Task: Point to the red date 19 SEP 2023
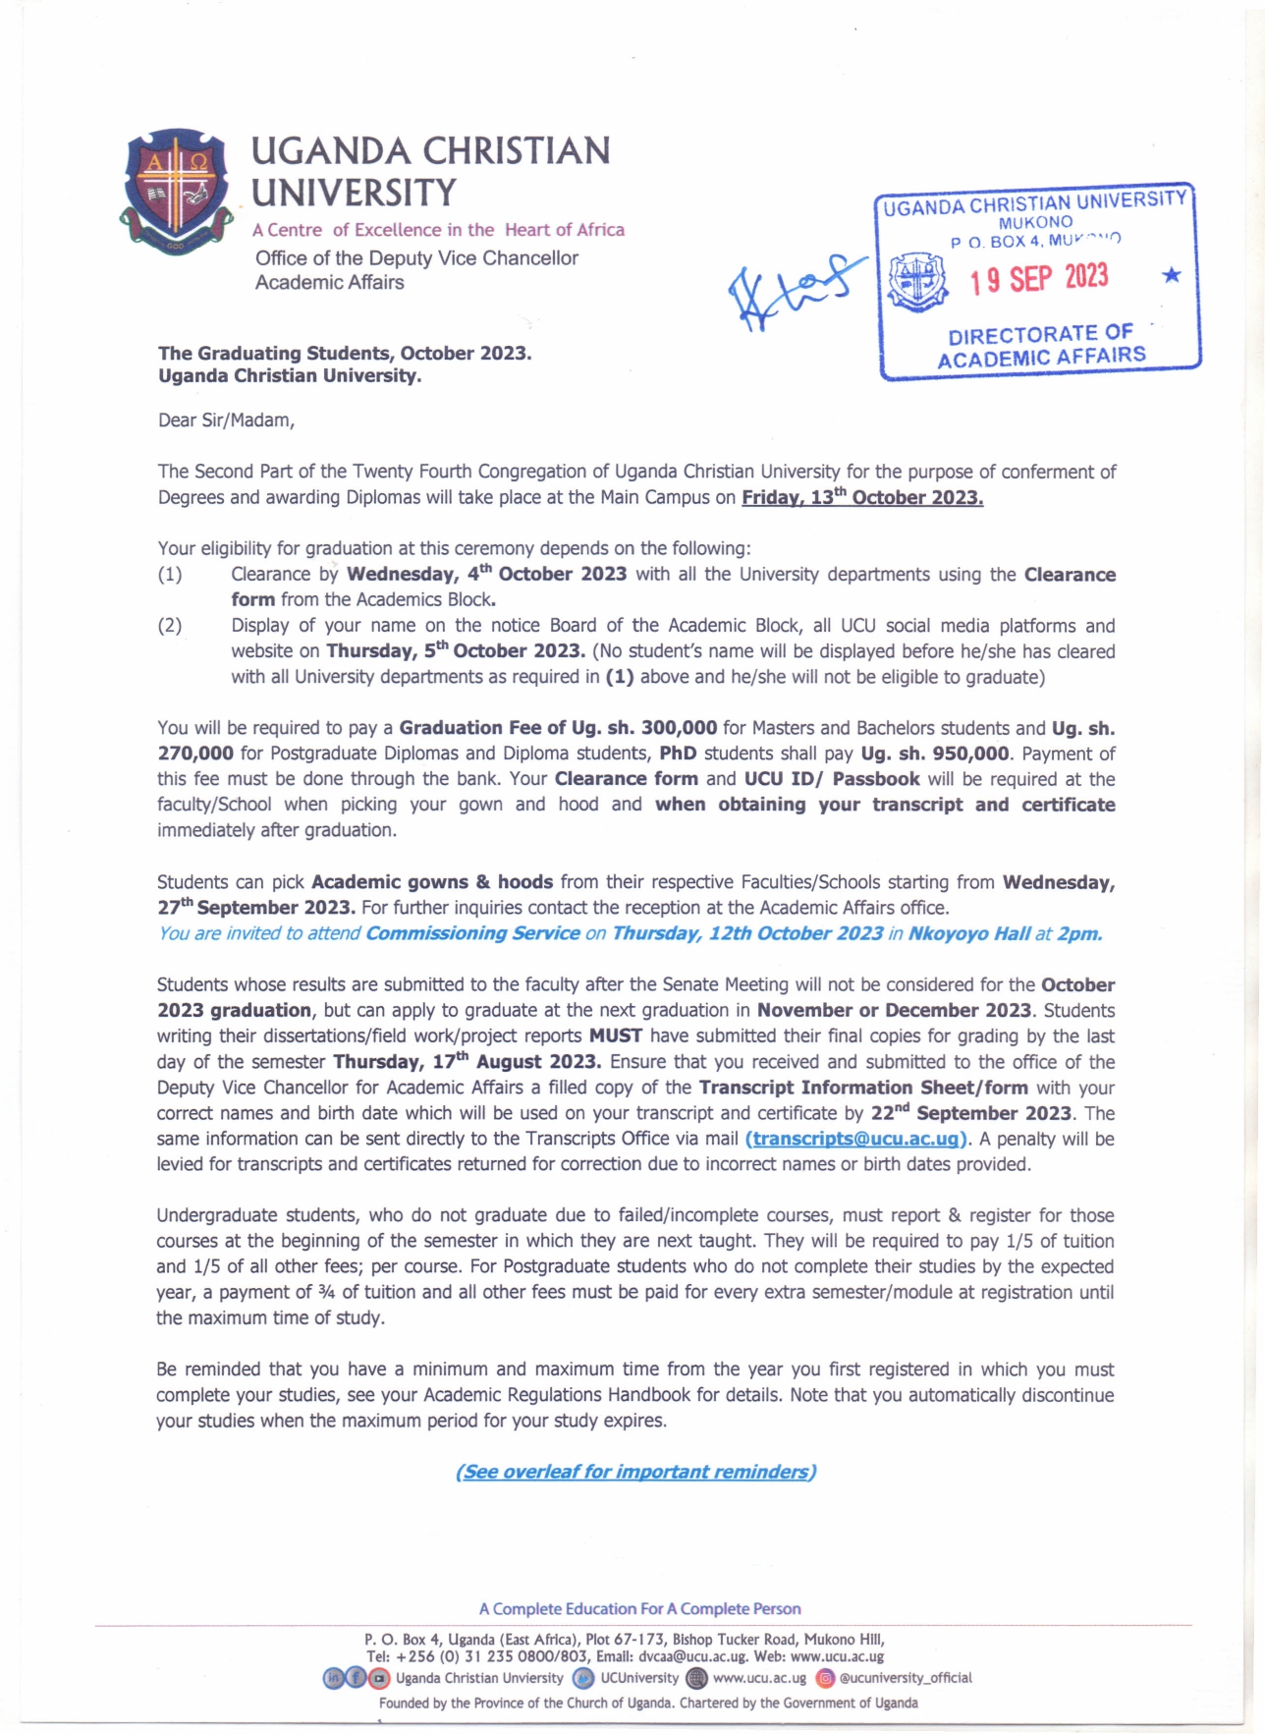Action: click(x=1039, y=279)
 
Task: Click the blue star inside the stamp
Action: click(x=1171, y=275)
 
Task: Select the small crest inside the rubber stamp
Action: click(x=916, y=281)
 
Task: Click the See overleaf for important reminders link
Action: click(x=635, y=1472)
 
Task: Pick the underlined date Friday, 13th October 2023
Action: click(x=862, y=497)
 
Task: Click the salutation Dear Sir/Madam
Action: click(x=226, y=420)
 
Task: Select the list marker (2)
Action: click(x=170, y=626)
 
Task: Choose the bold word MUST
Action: click(x=615, y=1035)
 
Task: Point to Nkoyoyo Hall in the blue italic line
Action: click(x=968, y=933)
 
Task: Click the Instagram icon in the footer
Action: click(x=826, y=1678)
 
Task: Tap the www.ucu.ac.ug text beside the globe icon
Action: click(x=759, y=1678)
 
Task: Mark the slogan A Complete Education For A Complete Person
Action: click(x=639, y=1608)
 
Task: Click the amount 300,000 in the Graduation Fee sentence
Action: click(x=679, y=728)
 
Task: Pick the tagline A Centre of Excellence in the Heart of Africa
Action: click(x=438, y=230)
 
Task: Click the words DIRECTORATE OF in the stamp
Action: click(x=1040, y=334)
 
